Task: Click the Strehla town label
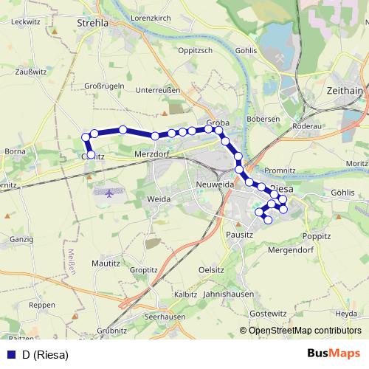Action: pos(92,23)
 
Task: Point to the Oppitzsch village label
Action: pos(195,50)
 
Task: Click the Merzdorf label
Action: pos(152,154)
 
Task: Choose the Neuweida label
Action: pos(215,183)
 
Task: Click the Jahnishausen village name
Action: pos(227,294)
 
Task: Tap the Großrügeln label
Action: pos(104,86)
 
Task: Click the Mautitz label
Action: pos(105,263)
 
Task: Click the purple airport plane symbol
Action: pos(110,193)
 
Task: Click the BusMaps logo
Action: pos(334,354)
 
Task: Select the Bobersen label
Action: pos(263,119)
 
